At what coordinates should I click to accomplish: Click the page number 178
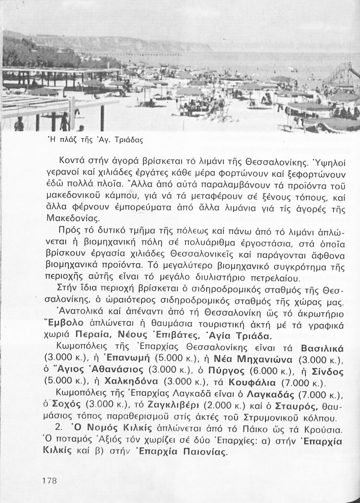coord(52,480)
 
